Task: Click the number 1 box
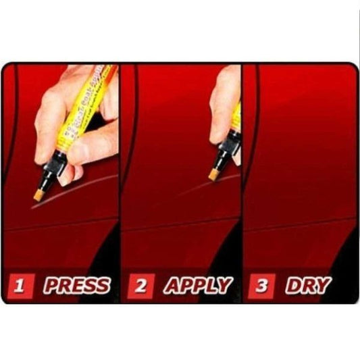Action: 21,286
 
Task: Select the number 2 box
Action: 140,286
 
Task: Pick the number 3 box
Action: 261,286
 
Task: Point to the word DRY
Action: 307,286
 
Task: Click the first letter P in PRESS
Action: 51,286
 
